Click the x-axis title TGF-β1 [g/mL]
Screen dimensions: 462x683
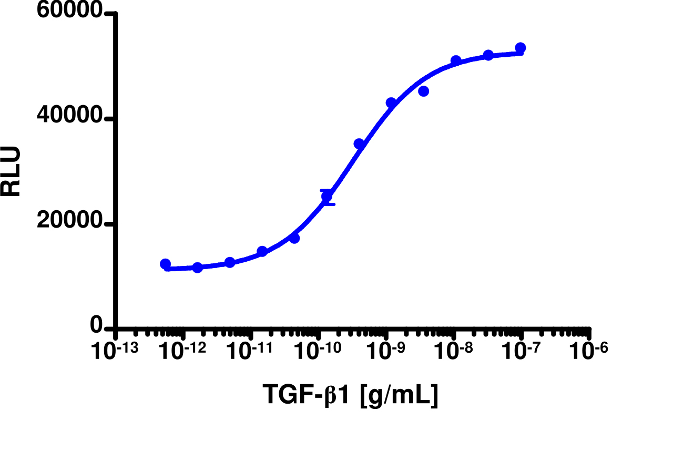click(350, 395)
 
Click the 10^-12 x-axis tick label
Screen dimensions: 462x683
click(182, 352)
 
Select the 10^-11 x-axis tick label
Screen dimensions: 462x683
click(250, 352)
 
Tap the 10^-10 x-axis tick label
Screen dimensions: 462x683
click(318, 352)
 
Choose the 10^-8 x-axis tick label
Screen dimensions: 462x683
click(454, 352)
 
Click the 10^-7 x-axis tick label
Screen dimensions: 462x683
click(522, 352)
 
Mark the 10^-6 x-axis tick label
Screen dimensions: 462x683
click(589, 352)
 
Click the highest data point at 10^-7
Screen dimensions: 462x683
click(521, 48)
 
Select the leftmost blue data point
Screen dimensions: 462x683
click(165, 264)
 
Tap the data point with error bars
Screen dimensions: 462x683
click(327, 197)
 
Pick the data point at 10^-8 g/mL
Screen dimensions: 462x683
click(456, 61)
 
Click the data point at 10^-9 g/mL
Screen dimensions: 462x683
click(391, 103)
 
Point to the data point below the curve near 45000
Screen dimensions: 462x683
click(423, 91)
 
